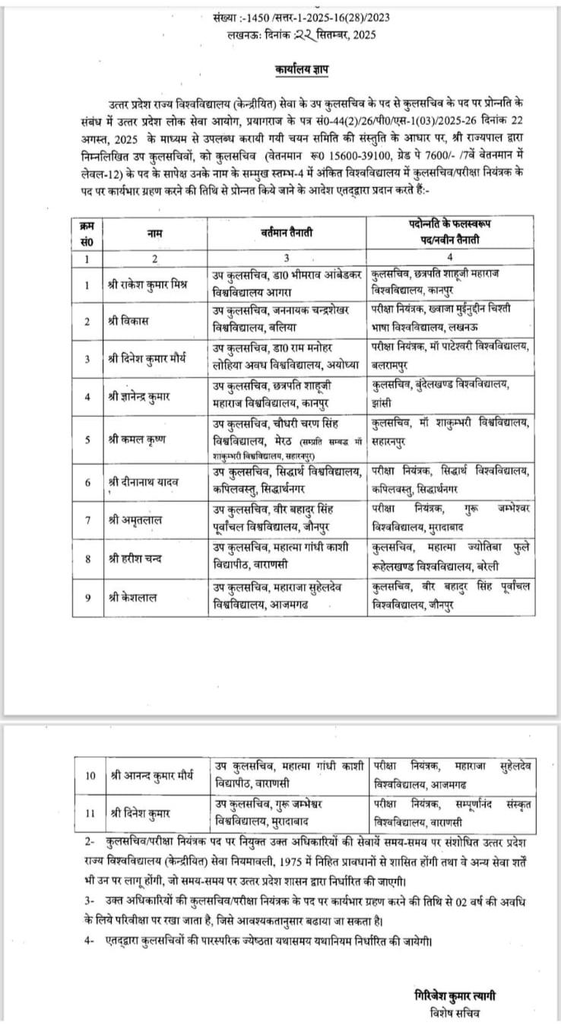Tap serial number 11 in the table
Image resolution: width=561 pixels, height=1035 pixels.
click(90, 813)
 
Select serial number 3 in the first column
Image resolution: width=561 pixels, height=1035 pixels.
click(88, 358)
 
